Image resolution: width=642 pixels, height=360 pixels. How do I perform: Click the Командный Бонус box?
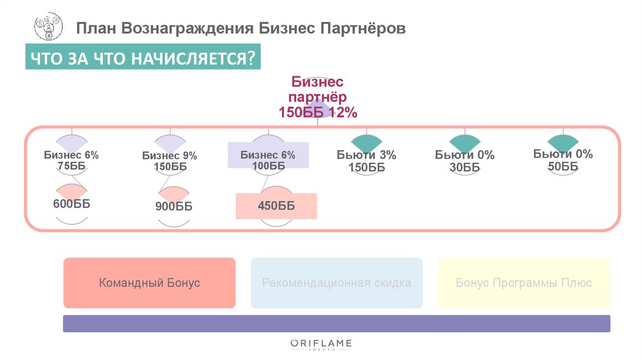click(x=149, y=283)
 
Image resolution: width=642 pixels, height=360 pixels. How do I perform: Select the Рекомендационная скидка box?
click(x=337, y=283)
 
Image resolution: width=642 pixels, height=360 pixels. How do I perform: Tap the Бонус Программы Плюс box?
click(x=524, y=283)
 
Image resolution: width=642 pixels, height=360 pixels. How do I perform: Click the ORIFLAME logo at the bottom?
click(x=321, y=344)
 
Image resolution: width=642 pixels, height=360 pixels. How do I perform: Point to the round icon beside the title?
click(x=48, y=28)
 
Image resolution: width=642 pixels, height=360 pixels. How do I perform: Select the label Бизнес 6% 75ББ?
click(x=71, y=161)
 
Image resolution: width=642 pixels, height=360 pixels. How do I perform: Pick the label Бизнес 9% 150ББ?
click(x=169, y=161)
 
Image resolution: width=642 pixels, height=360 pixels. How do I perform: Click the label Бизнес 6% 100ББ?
click(x=268, y=161)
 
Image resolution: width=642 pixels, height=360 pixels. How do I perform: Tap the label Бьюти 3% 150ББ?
click(x=366, y=161)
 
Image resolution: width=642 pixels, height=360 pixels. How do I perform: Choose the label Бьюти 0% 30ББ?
click(x=465, y=161)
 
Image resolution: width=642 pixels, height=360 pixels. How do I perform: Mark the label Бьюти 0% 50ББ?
click(x=563, y=160)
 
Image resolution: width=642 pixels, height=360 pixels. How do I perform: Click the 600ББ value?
click(x=71, y=204)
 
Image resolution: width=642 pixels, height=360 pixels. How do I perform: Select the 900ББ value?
click(x=174, y=206)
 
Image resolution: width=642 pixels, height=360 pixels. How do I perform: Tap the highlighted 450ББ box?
click(x=276, y=206)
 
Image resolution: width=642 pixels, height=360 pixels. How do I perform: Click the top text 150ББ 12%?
click(x=317, y=112)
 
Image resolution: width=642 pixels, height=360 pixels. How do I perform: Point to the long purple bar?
click(x=337, y=323)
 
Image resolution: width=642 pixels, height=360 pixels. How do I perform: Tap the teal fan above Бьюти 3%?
click(x=367, y=142)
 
